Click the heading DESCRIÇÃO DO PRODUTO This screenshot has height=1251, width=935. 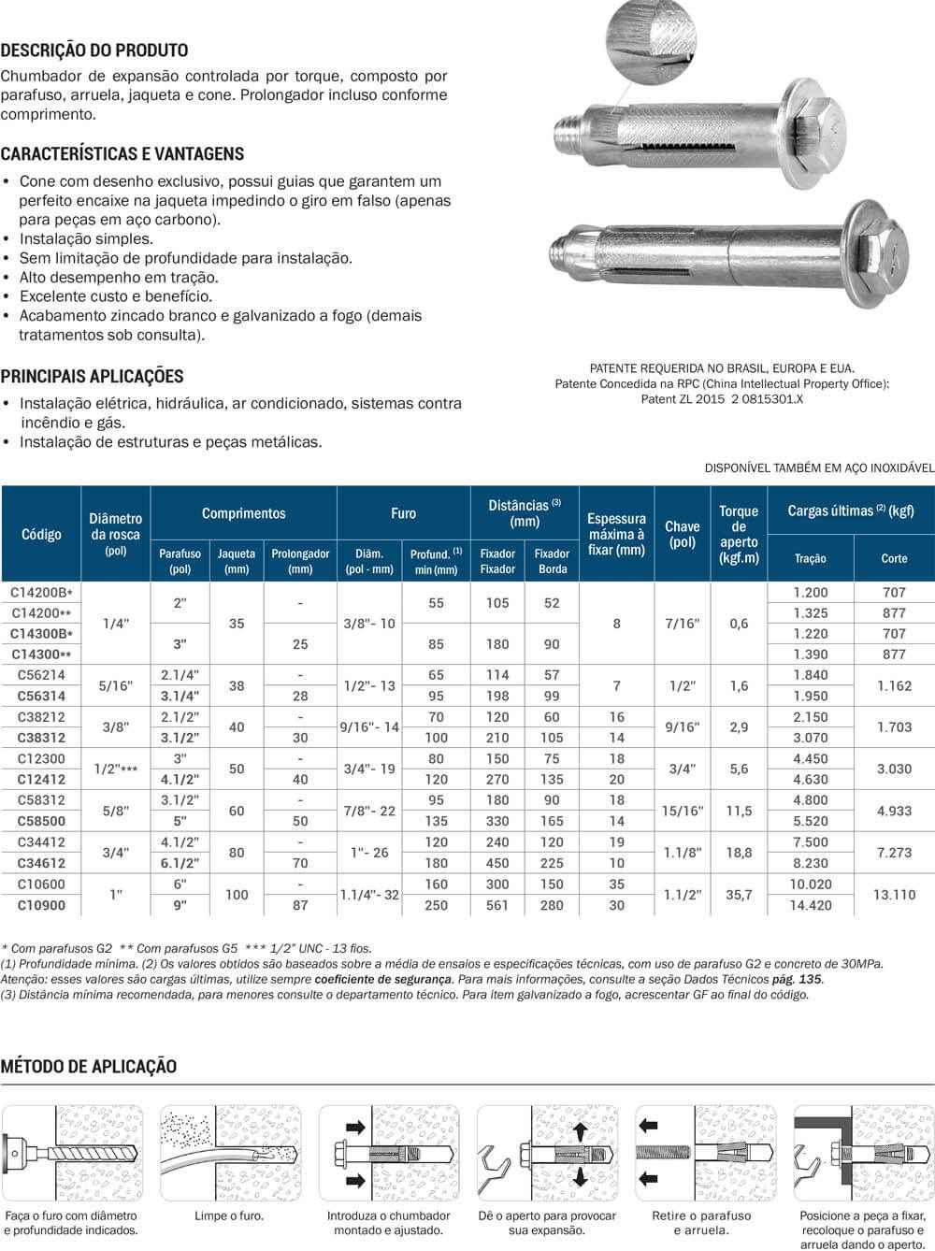click(x=93, y=50)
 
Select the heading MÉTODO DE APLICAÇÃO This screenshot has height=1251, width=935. click(x=89, y=1066)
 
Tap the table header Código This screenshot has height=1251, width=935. click(x=41, y=534)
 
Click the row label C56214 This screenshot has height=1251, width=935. click(x=41, y=675)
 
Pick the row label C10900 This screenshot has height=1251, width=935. click(x=41, y=905)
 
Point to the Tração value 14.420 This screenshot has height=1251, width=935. click(x=811, y=905)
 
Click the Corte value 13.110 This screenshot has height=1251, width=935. click(x=894, y=895)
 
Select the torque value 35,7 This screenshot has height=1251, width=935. click(x=739, y=895)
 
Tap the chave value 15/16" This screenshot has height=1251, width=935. click(x=682, y=811)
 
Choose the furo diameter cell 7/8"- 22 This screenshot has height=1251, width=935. click(x=368, y=811)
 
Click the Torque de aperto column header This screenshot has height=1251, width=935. click(x=739, y=534)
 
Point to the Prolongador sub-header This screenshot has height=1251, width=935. click(x=300, y=560)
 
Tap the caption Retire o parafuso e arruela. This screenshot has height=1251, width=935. click(x=701, y=1223)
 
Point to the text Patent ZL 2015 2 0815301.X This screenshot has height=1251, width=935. click(x=722, y=399)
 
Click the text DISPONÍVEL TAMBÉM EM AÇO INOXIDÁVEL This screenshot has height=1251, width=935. click(x=819, y=467)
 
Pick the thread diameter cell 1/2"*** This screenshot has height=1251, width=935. click(x=116, y=769)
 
